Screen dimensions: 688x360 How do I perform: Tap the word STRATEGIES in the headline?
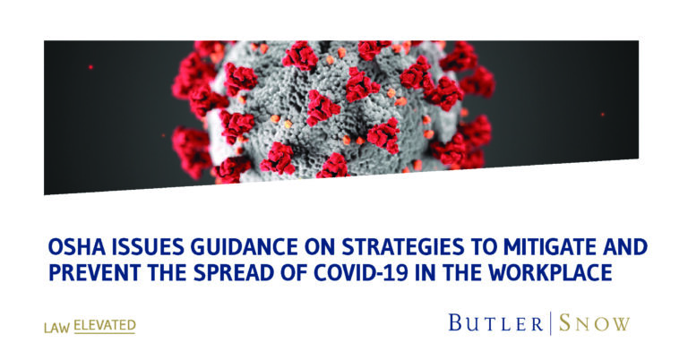point(402,248)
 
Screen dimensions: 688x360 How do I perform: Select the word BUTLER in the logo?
point(495,323)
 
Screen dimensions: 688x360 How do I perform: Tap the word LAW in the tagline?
point(57,328)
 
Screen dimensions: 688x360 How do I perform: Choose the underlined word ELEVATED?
point(105,326)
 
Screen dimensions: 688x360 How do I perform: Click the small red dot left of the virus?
point(90,67)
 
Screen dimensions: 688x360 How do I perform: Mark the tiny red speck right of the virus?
point(602,115)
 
